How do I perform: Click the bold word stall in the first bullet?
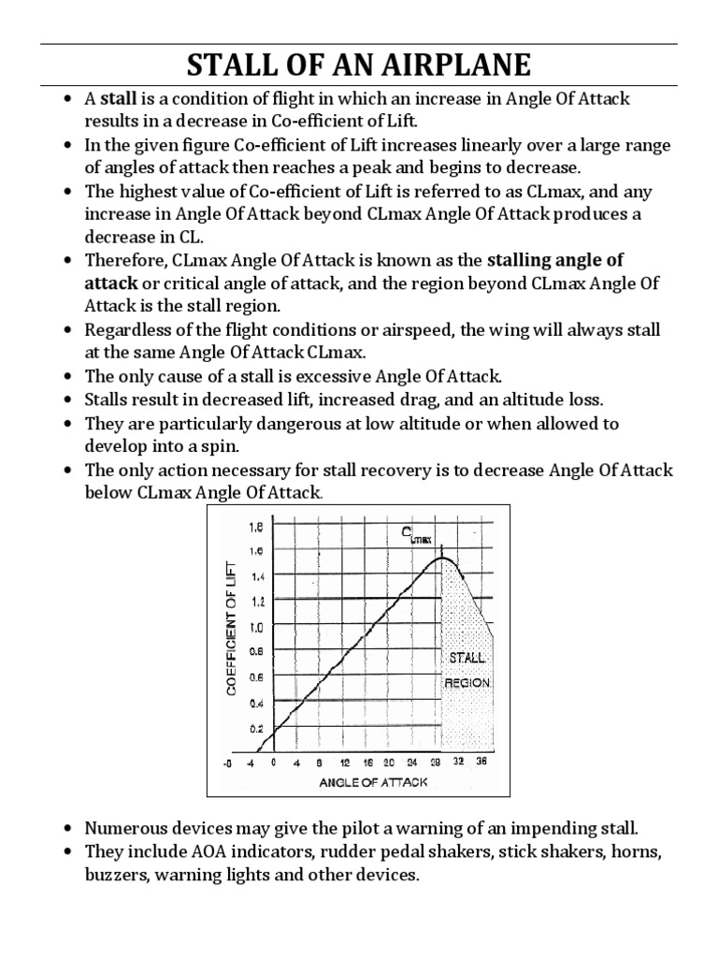tap(118, 99)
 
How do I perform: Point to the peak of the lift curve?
tap(445, 559)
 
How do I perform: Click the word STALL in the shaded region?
tap(467, 659)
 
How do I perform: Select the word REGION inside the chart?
tap(467, 683)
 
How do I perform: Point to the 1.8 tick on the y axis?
tap(255, 528)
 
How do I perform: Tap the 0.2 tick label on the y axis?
tap(255, 727)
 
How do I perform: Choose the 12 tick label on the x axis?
tap(347, 762)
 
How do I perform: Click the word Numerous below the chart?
tap(125, 828)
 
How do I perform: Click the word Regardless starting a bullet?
tap(129, 330)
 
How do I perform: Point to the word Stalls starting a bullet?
tap(108, 400)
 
